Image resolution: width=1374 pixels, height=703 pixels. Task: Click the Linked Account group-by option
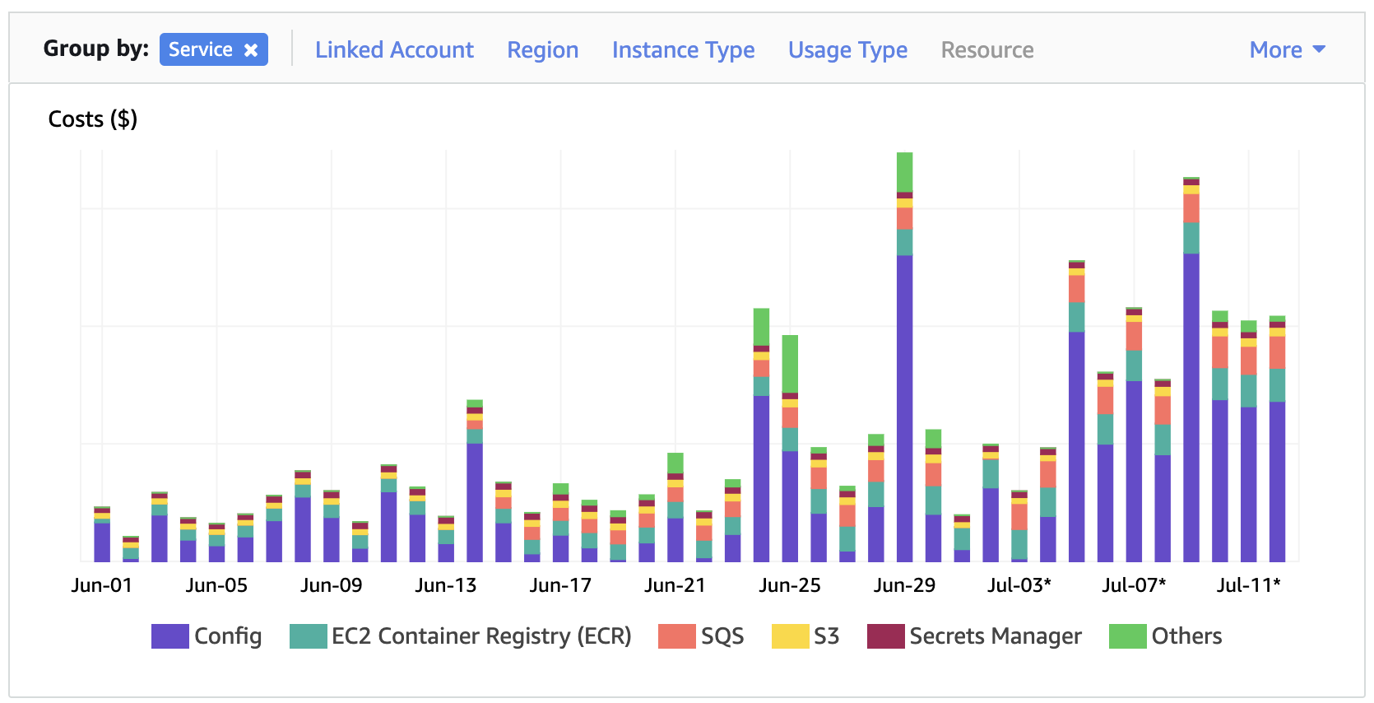(394, 50)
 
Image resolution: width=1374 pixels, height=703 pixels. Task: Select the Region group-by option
(542, 50)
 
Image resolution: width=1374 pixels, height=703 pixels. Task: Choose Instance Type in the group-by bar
(683, 50)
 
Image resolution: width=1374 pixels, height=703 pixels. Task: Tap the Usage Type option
(847, 50)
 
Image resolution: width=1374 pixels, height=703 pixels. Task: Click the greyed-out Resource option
(986, 50)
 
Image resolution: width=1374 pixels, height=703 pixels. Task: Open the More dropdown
(1287, 50)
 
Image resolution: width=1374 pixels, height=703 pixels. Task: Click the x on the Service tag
(251, 50)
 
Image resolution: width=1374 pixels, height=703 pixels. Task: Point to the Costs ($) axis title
(92, 119)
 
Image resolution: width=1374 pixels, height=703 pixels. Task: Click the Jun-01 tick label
(101, 585)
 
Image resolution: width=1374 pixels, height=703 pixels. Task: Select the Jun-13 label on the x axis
(445, 585)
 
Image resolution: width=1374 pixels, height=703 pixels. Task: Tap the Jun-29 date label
(904, 585)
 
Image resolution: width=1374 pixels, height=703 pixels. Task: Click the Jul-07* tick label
(1134, 585)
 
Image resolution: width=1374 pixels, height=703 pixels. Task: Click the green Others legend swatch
(1127, 636)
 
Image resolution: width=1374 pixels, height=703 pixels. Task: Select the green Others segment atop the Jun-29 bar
(904, 171)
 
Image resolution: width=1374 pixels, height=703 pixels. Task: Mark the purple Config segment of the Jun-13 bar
(475, 502)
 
